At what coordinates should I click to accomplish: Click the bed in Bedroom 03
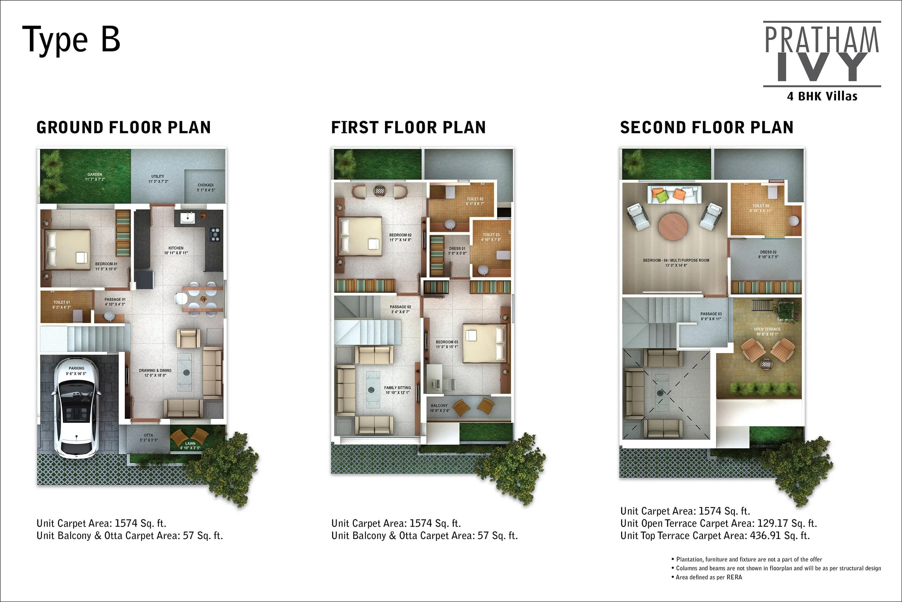pyautogui.click(x=484, y=343)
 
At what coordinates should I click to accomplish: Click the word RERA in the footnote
pyautogui.click(x=734, y=577)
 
